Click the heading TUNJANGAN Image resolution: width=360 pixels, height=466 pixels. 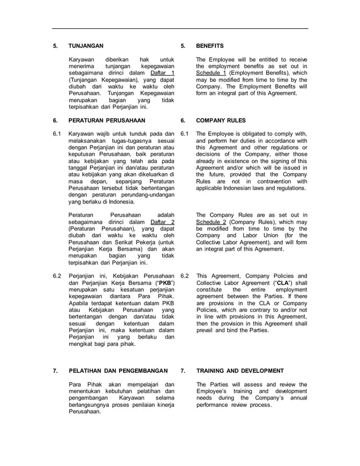point(86,46)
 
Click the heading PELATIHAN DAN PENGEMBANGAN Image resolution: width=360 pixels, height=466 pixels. point(117,371)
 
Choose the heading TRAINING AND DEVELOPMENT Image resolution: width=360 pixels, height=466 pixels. point(240,371)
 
